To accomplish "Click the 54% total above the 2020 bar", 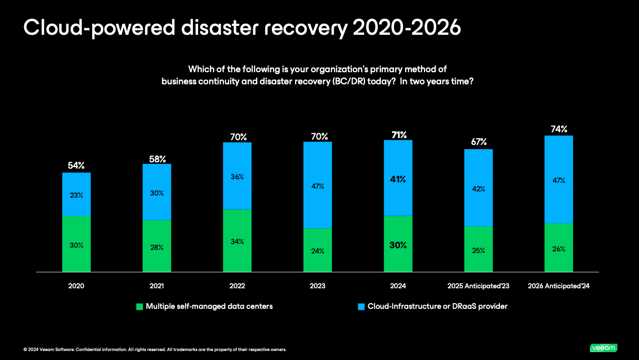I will click(x=76, y=166).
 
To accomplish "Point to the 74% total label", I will click(x=559, y=129).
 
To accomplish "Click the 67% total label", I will click(x=478, y=142).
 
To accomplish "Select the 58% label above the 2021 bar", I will click(x=157, y=158).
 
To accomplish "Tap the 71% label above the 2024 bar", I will click(x=398, y=134).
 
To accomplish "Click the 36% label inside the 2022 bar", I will click(x=237, y=177).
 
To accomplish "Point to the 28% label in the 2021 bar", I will click(x=157, y=247).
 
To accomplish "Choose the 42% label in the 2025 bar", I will click(x=478, y=189).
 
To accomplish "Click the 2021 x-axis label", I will click(x=156, y=286).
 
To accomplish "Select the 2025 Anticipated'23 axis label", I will click(x=478, y=286).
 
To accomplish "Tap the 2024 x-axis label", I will click(x=398, y=286).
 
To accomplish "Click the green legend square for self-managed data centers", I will click(x=140, y=306).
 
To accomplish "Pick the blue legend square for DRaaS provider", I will click(x=361, y=306).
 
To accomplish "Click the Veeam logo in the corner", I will click(x=603, y=348).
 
